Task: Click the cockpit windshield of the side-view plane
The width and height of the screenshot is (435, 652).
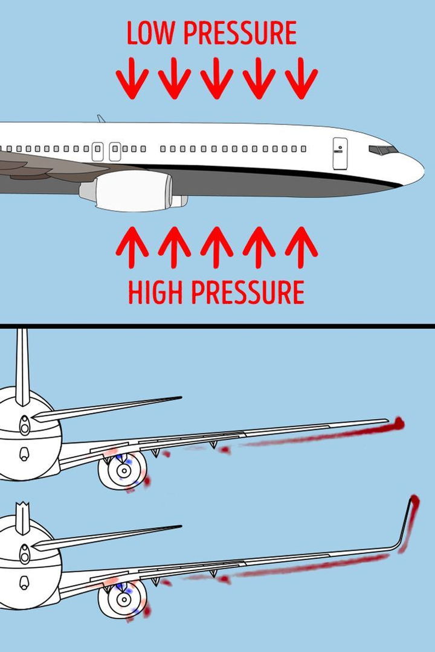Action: [x=383, y=150]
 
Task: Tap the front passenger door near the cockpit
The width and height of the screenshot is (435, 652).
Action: [x=340, y=153]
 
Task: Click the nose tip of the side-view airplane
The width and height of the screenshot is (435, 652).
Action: [x=422, y=170]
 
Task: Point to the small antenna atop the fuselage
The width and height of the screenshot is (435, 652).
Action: [x=100, y=118]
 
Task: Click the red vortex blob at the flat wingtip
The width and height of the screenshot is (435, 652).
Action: [x=398, y=423]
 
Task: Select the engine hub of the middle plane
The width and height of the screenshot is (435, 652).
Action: [x=123, y=469]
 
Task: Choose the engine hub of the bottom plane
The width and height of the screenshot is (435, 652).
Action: [x=123, y=599]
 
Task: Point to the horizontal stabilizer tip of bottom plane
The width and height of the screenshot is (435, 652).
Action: [x=179, y=526]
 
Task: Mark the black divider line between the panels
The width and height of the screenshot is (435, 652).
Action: [x=217, y=326]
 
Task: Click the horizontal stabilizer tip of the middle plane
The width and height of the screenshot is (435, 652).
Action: [x=179, y=397]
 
